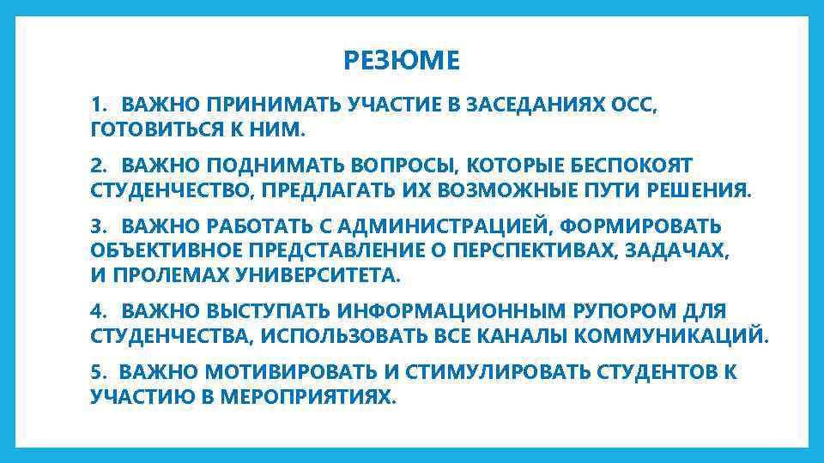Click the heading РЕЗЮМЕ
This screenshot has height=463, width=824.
tap(402, 62)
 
